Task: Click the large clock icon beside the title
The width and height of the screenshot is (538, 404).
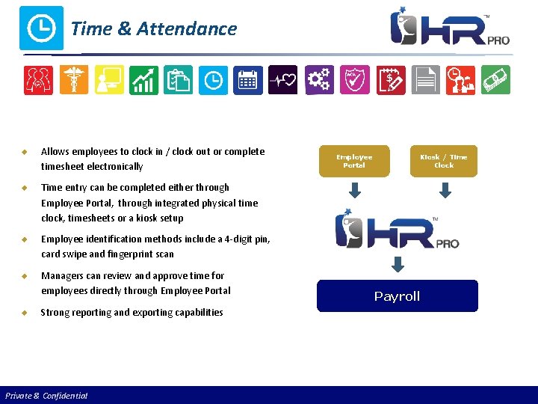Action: coord(41,28)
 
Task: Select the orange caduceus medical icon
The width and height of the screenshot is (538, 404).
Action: coord(74,80)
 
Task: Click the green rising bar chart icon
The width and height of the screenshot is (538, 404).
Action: coord(143,80)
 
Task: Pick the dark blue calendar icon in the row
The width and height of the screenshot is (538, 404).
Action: coord(247,80)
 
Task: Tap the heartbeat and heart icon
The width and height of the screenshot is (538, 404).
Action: coord(282,80)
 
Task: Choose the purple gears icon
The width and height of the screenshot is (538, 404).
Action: coord(319,80)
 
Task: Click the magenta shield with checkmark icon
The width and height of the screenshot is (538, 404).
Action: coord(353,80)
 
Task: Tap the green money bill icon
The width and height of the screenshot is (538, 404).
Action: coord(495,80)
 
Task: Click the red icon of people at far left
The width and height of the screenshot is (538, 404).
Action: coord(39,80)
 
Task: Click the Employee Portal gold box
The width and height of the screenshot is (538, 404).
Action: coord(354,161)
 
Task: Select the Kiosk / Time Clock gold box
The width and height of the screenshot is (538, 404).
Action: coord(444,161)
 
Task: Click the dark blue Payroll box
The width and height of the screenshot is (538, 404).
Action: coord(397,296)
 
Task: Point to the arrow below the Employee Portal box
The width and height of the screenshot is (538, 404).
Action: coord(355,191)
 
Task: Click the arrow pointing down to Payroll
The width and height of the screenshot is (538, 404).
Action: coord(398,264)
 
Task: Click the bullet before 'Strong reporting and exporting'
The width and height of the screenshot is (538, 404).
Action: coord(24,313)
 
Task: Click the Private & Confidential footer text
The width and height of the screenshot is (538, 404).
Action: coord(46,396)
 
